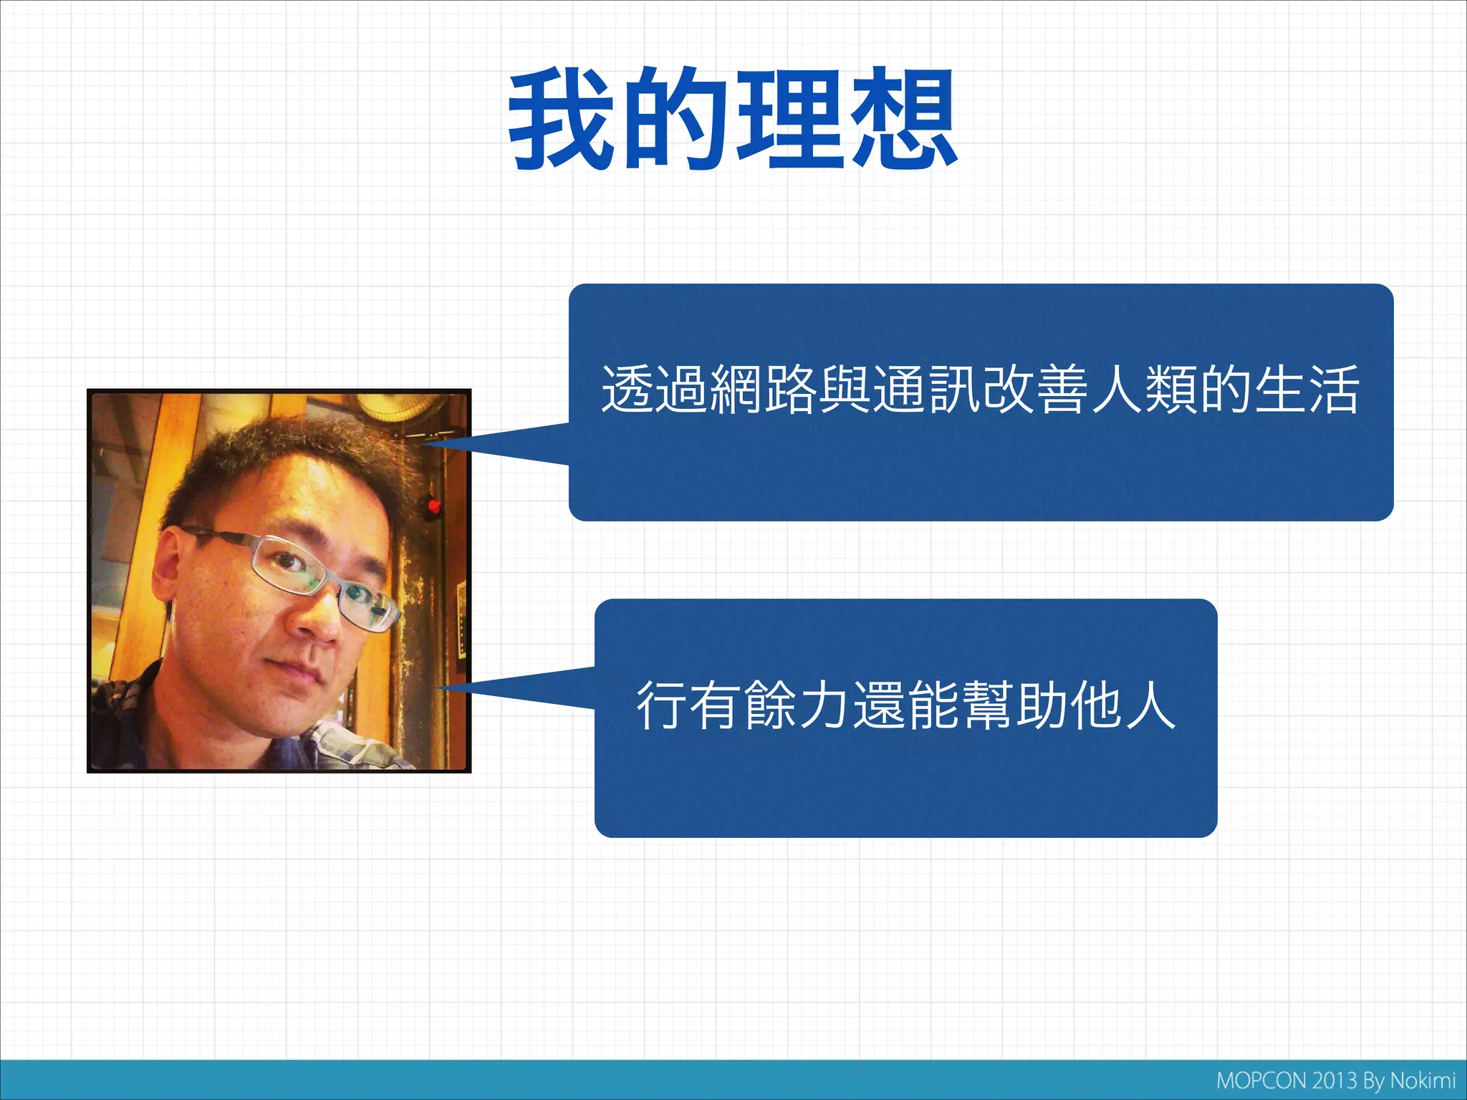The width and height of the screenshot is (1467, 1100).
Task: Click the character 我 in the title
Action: [x=561, y=118]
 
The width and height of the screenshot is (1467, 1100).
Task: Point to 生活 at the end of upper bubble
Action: [x=1306, y=390]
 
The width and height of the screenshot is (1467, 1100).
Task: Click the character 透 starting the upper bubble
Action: [x=627, y=390]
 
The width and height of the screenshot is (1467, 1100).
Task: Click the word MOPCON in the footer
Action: [x=1262, y=1081]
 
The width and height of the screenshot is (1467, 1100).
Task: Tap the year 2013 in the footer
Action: [x=1334, y=1081]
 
